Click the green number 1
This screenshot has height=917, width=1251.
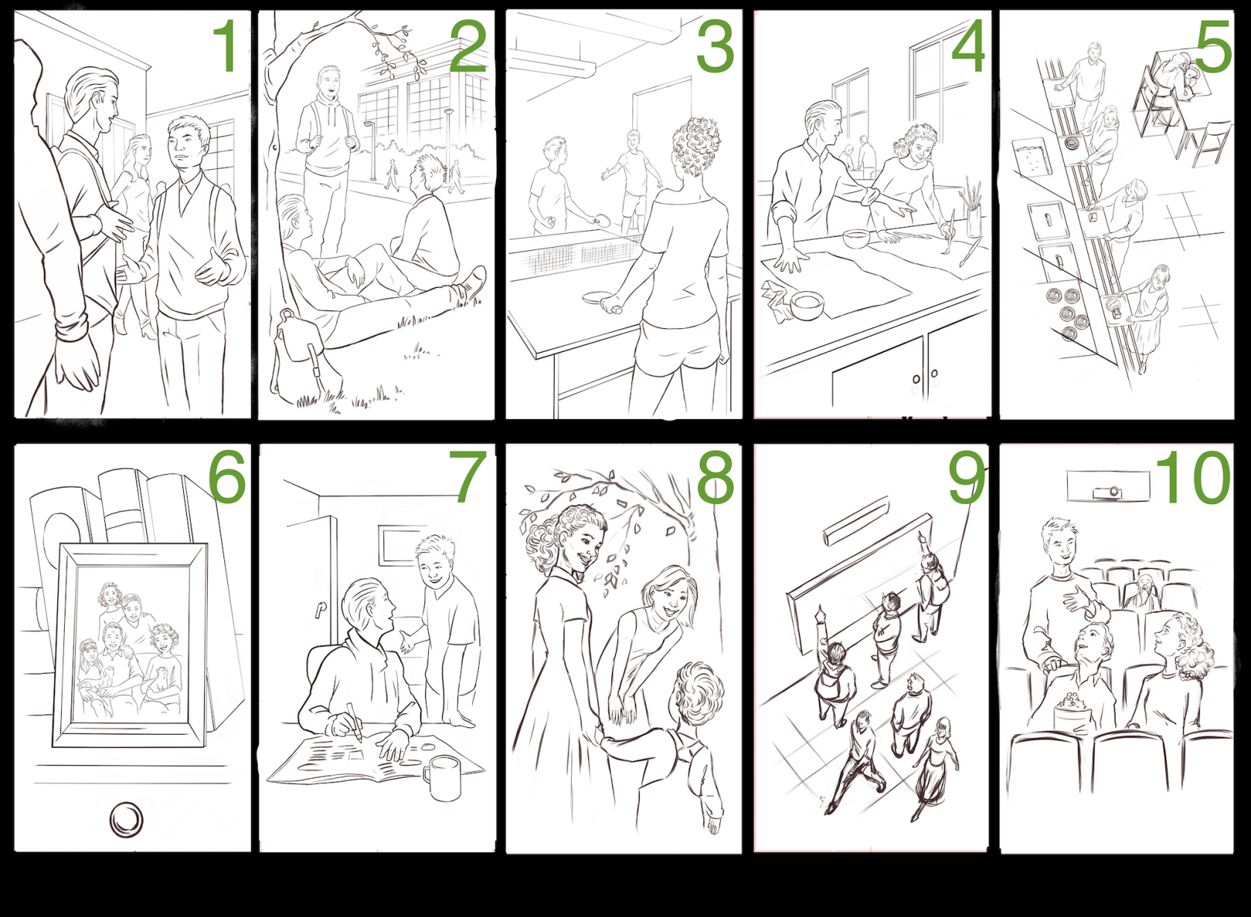coord(226,45)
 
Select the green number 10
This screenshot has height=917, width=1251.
coord(1192,478)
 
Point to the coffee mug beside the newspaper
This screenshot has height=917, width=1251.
coord(442,778)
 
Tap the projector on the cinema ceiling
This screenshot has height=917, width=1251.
coord(1107,492)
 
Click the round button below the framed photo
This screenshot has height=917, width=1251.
coord(127,820)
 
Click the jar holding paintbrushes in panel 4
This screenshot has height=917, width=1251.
coord(973,220)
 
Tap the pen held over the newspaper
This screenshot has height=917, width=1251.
coord(355,720)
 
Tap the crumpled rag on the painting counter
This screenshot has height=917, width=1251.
coord(777,300)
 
